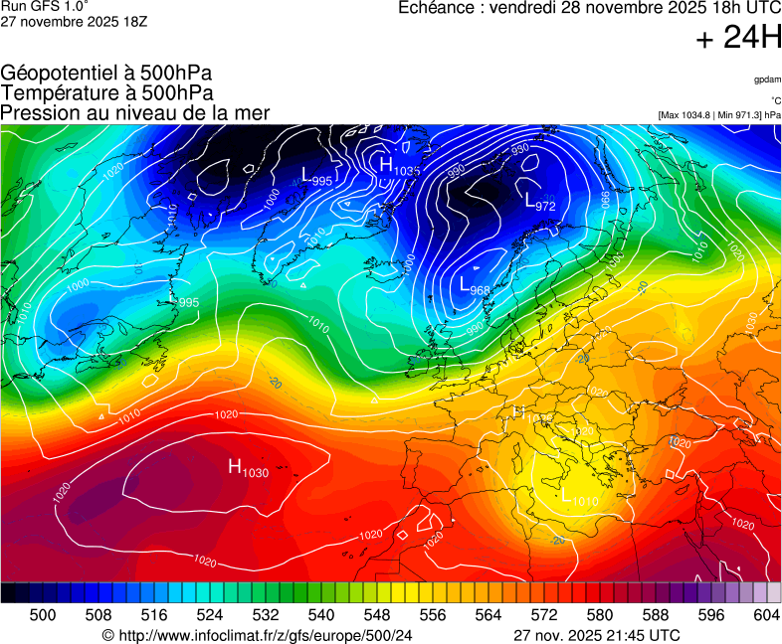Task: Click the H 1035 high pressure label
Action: point(399,166)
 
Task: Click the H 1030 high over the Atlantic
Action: point(248,468)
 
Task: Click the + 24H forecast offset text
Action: point(737,38)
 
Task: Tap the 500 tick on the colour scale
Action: point(43,615)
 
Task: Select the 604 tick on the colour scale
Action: point(766,615)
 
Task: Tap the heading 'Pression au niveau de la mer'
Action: point(135,113)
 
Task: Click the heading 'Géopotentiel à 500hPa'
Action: point(106,75)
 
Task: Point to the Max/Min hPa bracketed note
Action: point(718,115)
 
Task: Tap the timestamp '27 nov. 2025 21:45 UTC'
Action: point(597,635)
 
